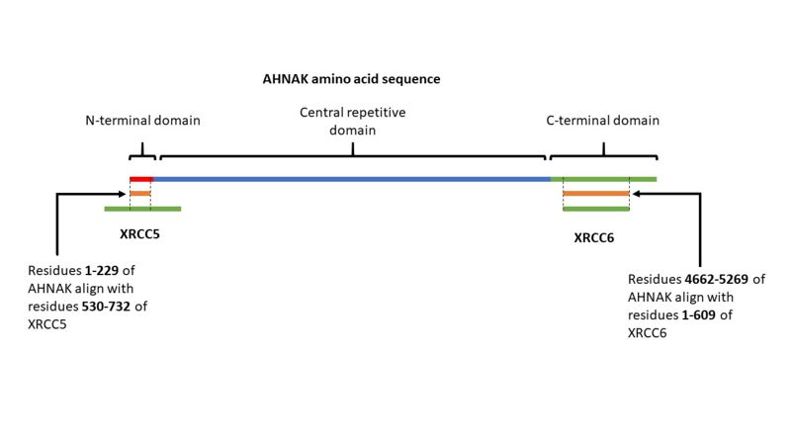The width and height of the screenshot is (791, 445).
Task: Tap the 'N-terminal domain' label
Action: pyautogui.click(x=142, y=121)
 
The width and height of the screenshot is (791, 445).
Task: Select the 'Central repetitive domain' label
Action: pyautogui.click(x=353, y=122)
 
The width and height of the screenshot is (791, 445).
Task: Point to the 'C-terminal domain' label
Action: pyautogui.click(x=602, y=121)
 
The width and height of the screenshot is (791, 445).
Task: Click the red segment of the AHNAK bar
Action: pyautogui.click(x=140, y=179)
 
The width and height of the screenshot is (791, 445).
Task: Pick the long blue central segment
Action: pyautogui.click(x=351, y=179)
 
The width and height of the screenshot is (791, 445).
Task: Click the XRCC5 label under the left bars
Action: pyautogui.click(x=141, y=238)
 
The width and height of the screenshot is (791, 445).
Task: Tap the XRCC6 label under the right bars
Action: pyautogui.click(x=595, y=238)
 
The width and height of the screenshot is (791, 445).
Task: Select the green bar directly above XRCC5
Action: pyautogui.click(x=142, y=209)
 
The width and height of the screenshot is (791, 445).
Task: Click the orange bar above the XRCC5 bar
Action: pyautogui.click(x=139, y=194)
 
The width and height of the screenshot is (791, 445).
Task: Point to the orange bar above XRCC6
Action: pyautogui.click(x=595, y=194)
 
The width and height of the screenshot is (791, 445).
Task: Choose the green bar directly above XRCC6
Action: pyautogui.click(x=595, y=209)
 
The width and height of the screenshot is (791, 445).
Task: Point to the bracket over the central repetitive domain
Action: pyautogui.click(x=353, y=155)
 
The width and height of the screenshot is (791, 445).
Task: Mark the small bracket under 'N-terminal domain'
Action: pyautogui.click(x=142, y=152)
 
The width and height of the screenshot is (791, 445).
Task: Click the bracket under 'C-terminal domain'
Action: pyautogui.click(x=603, y=155)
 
